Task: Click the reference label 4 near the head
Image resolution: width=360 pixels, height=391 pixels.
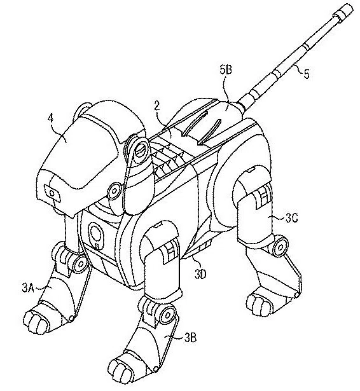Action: [50, 118]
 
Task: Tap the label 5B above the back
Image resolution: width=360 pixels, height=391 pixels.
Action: [226, 70]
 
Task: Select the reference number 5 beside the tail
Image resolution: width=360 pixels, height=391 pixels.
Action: [307, 74]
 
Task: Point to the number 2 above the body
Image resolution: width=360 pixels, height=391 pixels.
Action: [157, 106]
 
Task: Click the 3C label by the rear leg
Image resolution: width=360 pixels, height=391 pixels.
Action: [292, 219]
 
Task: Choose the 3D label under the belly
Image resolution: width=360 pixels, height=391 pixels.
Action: [201, 274]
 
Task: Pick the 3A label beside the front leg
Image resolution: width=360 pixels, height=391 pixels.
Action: [28, 288]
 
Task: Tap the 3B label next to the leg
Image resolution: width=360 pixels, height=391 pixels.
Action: [190, 338]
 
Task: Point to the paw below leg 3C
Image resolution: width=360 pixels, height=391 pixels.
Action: [260, 303]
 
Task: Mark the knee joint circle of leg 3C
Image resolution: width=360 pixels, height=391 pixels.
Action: [280, 247]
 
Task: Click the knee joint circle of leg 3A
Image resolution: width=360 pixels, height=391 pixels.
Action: [81, 263]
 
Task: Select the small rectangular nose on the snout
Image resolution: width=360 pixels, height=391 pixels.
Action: [53, 193]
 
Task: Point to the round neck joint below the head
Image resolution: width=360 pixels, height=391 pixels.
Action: [114, 191]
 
